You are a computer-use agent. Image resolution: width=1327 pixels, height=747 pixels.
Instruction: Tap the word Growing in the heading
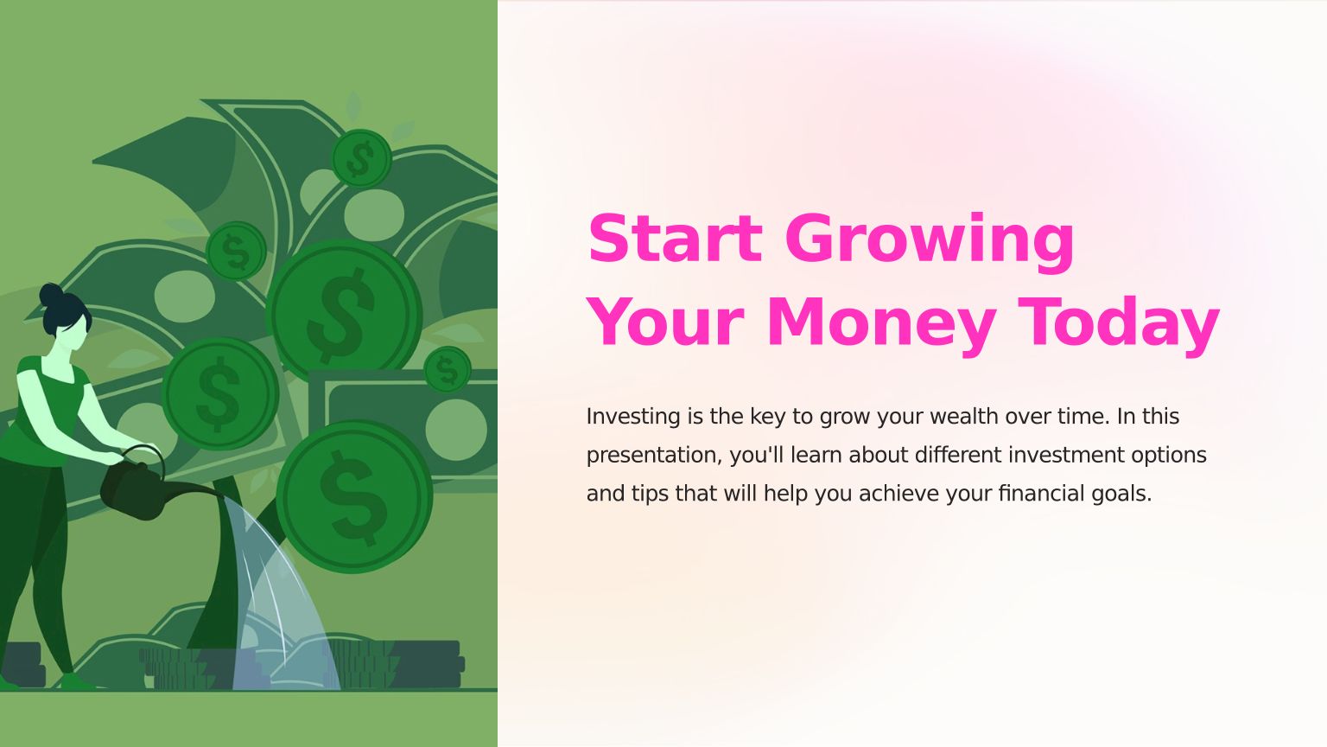point(930,242)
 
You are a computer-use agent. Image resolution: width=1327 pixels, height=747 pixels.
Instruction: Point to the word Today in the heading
point(1118,325)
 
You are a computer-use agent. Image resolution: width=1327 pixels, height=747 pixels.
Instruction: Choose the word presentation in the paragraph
point(654,456)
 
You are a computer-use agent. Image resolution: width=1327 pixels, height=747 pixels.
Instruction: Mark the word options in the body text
point(1169,456)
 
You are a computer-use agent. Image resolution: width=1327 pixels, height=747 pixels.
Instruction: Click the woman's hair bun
point(51,294)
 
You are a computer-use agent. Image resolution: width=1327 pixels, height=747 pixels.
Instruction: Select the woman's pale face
point(73,335)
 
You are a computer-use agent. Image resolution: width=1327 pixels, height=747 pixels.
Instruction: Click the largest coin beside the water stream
point(354,497)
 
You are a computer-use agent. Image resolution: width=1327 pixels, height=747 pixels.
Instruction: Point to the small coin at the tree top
point(361,158)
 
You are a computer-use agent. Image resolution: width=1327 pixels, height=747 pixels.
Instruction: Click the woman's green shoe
point(77,682)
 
